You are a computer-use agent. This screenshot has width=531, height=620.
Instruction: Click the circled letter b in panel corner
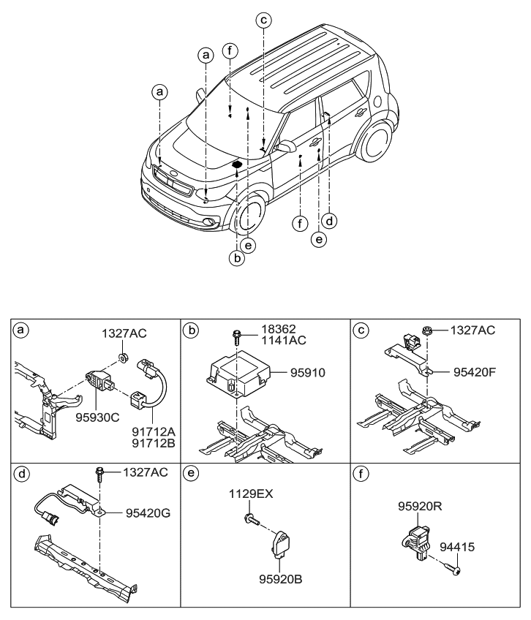pyautogui.click(x=192, y=330)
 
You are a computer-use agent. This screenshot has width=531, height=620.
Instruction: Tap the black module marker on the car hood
pyautogui.click(x=237, y=166)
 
